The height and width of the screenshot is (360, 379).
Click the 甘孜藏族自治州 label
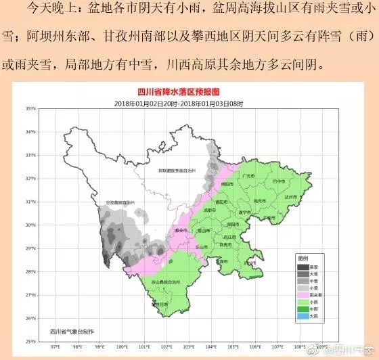[x=121, y=203]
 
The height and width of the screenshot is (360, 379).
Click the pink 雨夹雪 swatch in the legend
[x=305, y=294]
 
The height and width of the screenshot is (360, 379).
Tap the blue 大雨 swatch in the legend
[x=305, y=316]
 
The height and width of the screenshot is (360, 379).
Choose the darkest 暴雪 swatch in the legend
[x=305, y=265]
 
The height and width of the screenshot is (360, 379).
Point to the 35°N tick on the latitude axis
[x=30, y=109]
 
